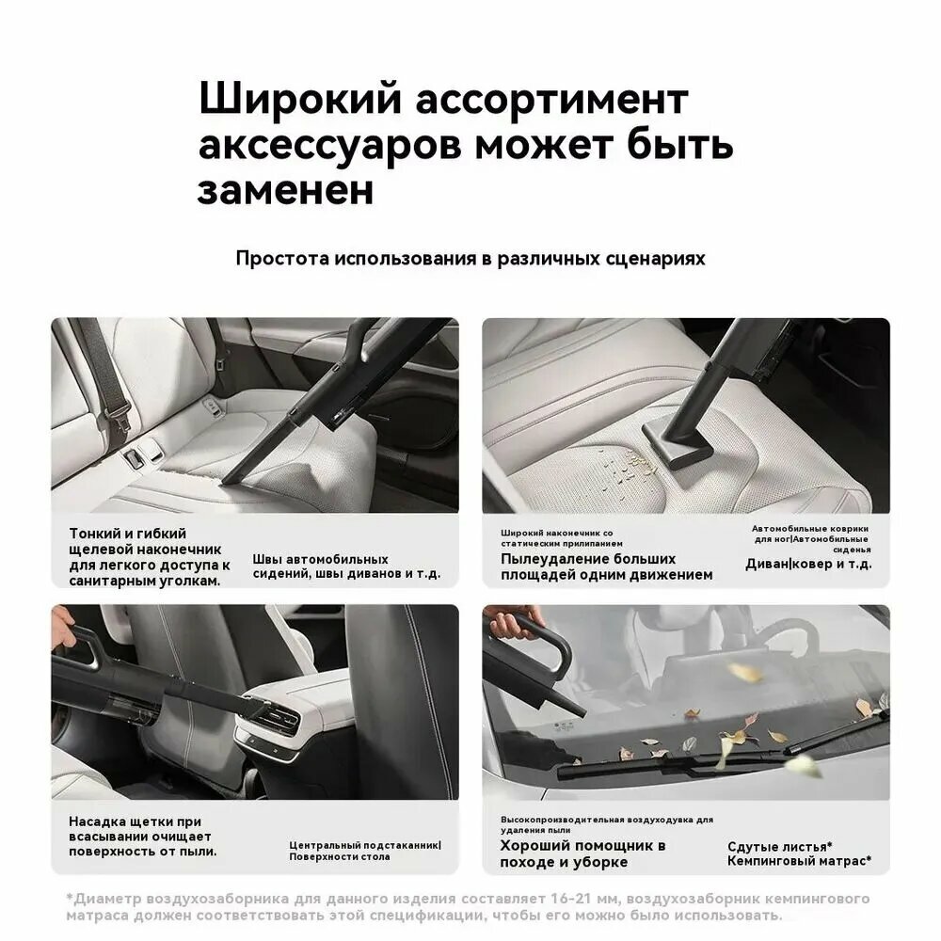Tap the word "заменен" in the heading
pos(285,189)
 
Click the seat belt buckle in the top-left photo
pos(136,457)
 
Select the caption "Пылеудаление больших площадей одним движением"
pos(606,566)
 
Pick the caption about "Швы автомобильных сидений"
pos(345,566)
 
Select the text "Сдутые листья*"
pos(779,846)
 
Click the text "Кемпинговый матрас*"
pos(799,861)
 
